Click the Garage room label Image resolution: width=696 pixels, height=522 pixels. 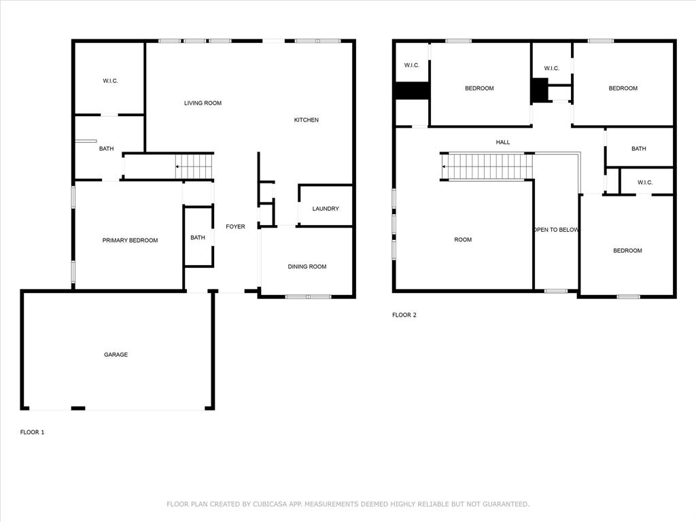116,355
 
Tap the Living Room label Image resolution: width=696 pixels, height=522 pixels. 203,103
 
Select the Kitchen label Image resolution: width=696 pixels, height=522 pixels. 306,120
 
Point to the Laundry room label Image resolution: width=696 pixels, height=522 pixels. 326,209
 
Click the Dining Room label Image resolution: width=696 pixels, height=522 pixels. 307,267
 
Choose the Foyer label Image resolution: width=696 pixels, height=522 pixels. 235,227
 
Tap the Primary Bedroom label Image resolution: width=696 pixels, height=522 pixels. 130,241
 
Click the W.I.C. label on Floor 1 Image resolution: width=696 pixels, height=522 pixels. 110,82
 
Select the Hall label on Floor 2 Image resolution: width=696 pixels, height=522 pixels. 503,142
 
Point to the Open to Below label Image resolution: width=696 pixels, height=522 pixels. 556,230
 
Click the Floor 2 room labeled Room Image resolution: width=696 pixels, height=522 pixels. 463,240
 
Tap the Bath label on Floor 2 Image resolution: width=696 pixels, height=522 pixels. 639,149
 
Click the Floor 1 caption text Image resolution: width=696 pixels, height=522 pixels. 32,432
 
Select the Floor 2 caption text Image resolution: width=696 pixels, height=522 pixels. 404,315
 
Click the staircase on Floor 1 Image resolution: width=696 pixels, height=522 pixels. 194,167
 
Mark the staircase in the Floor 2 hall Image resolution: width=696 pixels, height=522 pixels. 487,167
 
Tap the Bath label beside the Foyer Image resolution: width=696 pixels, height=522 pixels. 198,238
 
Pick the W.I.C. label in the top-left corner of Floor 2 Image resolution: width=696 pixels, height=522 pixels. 412,65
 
